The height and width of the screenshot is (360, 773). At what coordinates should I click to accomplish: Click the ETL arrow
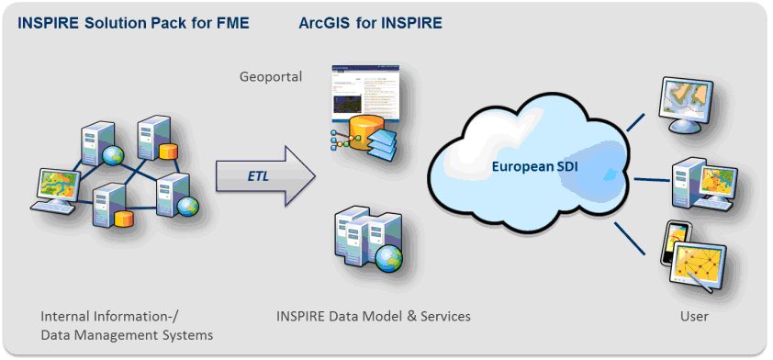pos(265,175)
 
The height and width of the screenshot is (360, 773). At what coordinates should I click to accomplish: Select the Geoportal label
pos(270,77)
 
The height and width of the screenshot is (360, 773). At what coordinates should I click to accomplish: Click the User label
pos(695,316)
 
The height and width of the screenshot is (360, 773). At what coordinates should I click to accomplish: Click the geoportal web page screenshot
pos(364,93)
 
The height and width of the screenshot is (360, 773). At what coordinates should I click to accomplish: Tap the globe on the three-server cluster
pos(388,258)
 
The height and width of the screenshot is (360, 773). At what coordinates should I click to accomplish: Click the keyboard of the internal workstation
pos(52,208)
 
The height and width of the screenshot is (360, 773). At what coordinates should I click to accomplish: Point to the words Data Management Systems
pos(127,335)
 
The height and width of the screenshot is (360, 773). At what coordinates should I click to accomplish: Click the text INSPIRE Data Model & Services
pos(374,316)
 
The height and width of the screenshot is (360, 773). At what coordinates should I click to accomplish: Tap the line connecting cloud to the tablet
pos(630,239)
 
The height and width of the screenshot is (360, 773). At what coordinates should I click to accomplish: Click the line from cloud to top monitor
pos(636,122)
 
